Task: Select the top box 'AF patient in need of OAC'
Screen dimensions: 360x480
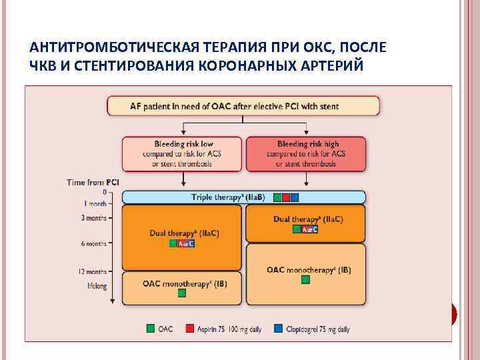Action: (243, 105)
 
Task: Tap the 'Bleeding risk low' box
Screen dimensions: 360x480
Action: (181, 154)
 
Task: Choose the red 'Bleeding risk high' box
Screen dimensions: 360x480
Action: (306, 154)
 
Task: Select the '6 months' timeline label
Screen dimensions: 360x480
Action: (94, 244)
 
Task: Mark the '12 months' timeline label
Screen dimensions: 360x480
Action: (93, 271)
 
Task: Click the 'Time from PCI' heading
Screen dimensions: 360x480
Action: (93, 181)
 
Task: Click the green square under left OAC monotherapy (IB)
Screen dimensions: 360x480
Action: (179, 293)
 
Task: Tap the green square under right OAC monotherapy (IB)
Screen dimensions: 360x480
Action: (305, 280)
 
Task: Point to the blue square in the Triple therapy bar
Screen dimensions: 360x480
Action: (295, 197)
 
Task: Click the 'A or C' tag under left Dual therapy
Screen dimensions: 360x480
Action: (185, 243)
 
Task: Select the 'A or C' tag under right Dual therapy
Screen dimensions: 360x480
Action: (309, 229)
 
